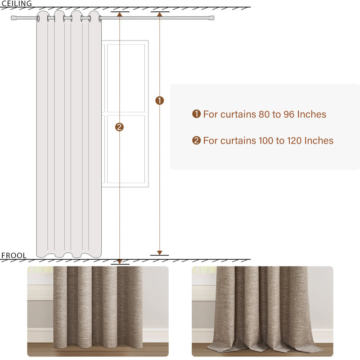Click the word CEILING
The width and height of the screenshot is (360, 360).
point(17,4)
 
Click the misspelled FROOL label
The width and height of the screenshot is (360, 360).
point(14,256)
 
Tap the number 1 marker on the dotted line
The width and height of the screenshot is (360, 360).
point(160,100)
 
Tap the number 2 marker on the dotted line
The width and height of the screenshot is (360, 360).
point(119,127)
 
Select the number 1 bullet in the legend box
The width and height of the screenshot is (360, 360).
point(196,114)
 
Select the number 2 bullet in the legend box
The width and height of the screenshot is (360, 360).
point(196,140)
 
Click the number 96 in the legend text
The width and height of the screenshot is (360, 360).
point(289,114)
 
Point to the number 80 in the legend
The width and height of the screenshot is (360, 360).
point(264,114)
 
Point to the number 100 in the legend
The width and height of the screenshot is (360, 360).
point(266,141)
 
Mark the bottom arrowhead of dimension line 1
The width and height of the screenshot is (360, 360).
point(160,253)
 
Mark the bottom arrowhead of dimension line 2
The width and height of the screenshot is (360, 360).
point(120,262)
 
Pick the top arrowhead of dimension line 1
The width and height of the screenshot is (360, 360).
point(160,14)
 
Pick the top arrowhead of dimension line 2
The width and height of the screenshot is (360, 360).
point(119,14)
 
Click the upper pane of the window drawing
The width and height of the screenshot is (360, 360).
point(126,78)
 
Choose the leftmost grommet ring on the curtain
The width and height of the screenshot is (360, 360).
point(38,18)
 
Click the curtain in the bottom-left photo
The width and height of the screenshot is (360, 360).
point(98,307)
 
